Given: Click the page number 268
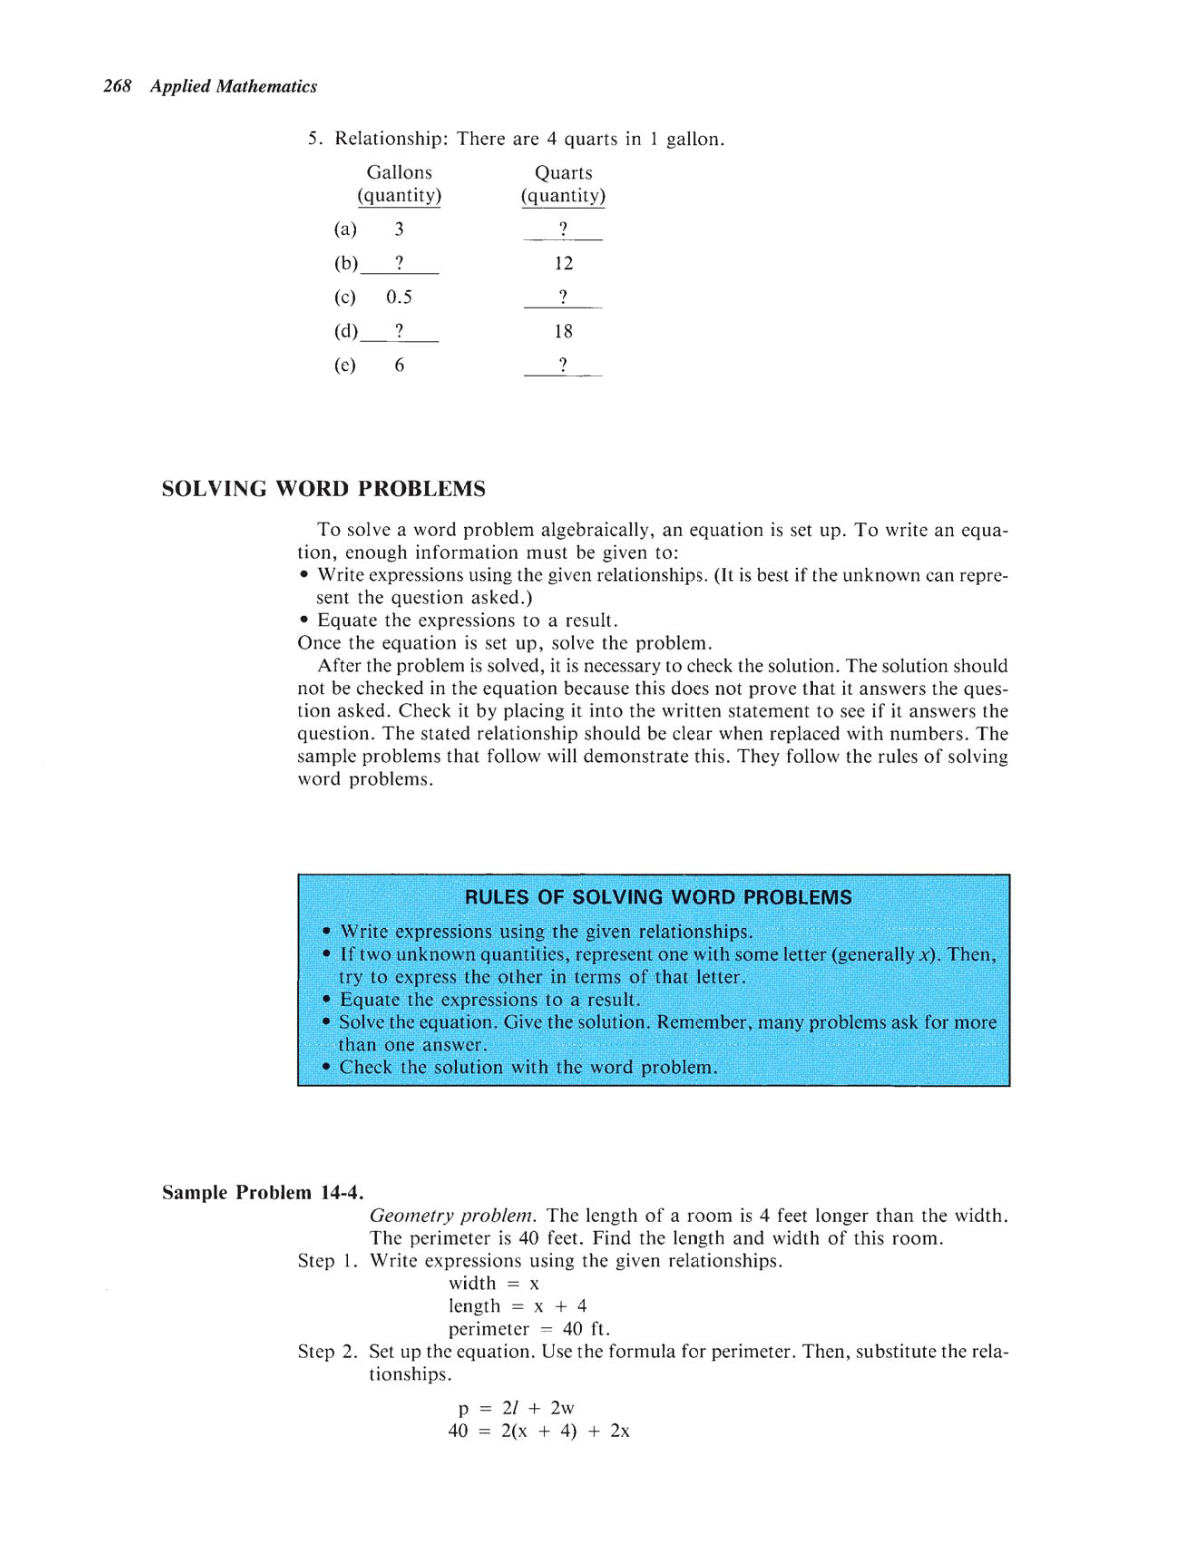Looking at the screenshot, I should [117, 87].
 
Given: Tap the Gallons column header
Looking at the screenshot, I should [399, 173].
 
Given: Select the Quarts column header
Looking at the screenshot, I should [563, 173].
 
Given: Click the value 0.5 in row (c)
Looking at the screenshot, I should [399, 297].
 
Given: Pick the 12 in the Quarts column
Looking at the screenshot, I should [563, 263].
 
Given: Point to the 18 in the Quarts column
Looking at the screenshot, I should [563, 331].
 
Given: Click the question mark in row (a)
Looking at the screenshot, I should [563, 229].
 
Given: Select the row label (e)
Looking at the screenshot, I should [345, 365].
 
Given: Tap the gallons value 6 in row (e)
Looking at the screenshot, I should [399, 365].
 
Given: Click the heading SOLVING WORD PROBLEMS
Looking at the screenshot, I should [323, 489].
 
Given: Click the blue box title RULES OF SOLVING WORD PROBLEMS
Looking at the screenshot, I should [658, 897].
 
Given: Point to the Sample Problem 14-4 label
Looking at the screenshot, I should [262, 1192].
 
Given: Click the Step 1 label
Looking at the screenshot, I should [327, 1260].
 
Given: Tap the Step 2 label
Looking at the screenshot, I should [327, 1351].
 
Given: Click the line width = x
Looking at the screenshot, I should [494, 1283].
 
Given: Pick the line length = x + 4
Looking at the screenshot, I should [517, 1306].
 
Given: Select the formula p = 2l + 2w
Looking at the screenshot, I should [516, 1408].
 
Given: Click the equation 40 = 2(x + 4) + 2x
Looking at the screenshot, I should [538, 1431].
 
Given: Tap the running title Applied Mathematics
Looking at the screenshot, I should [233, 87].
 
